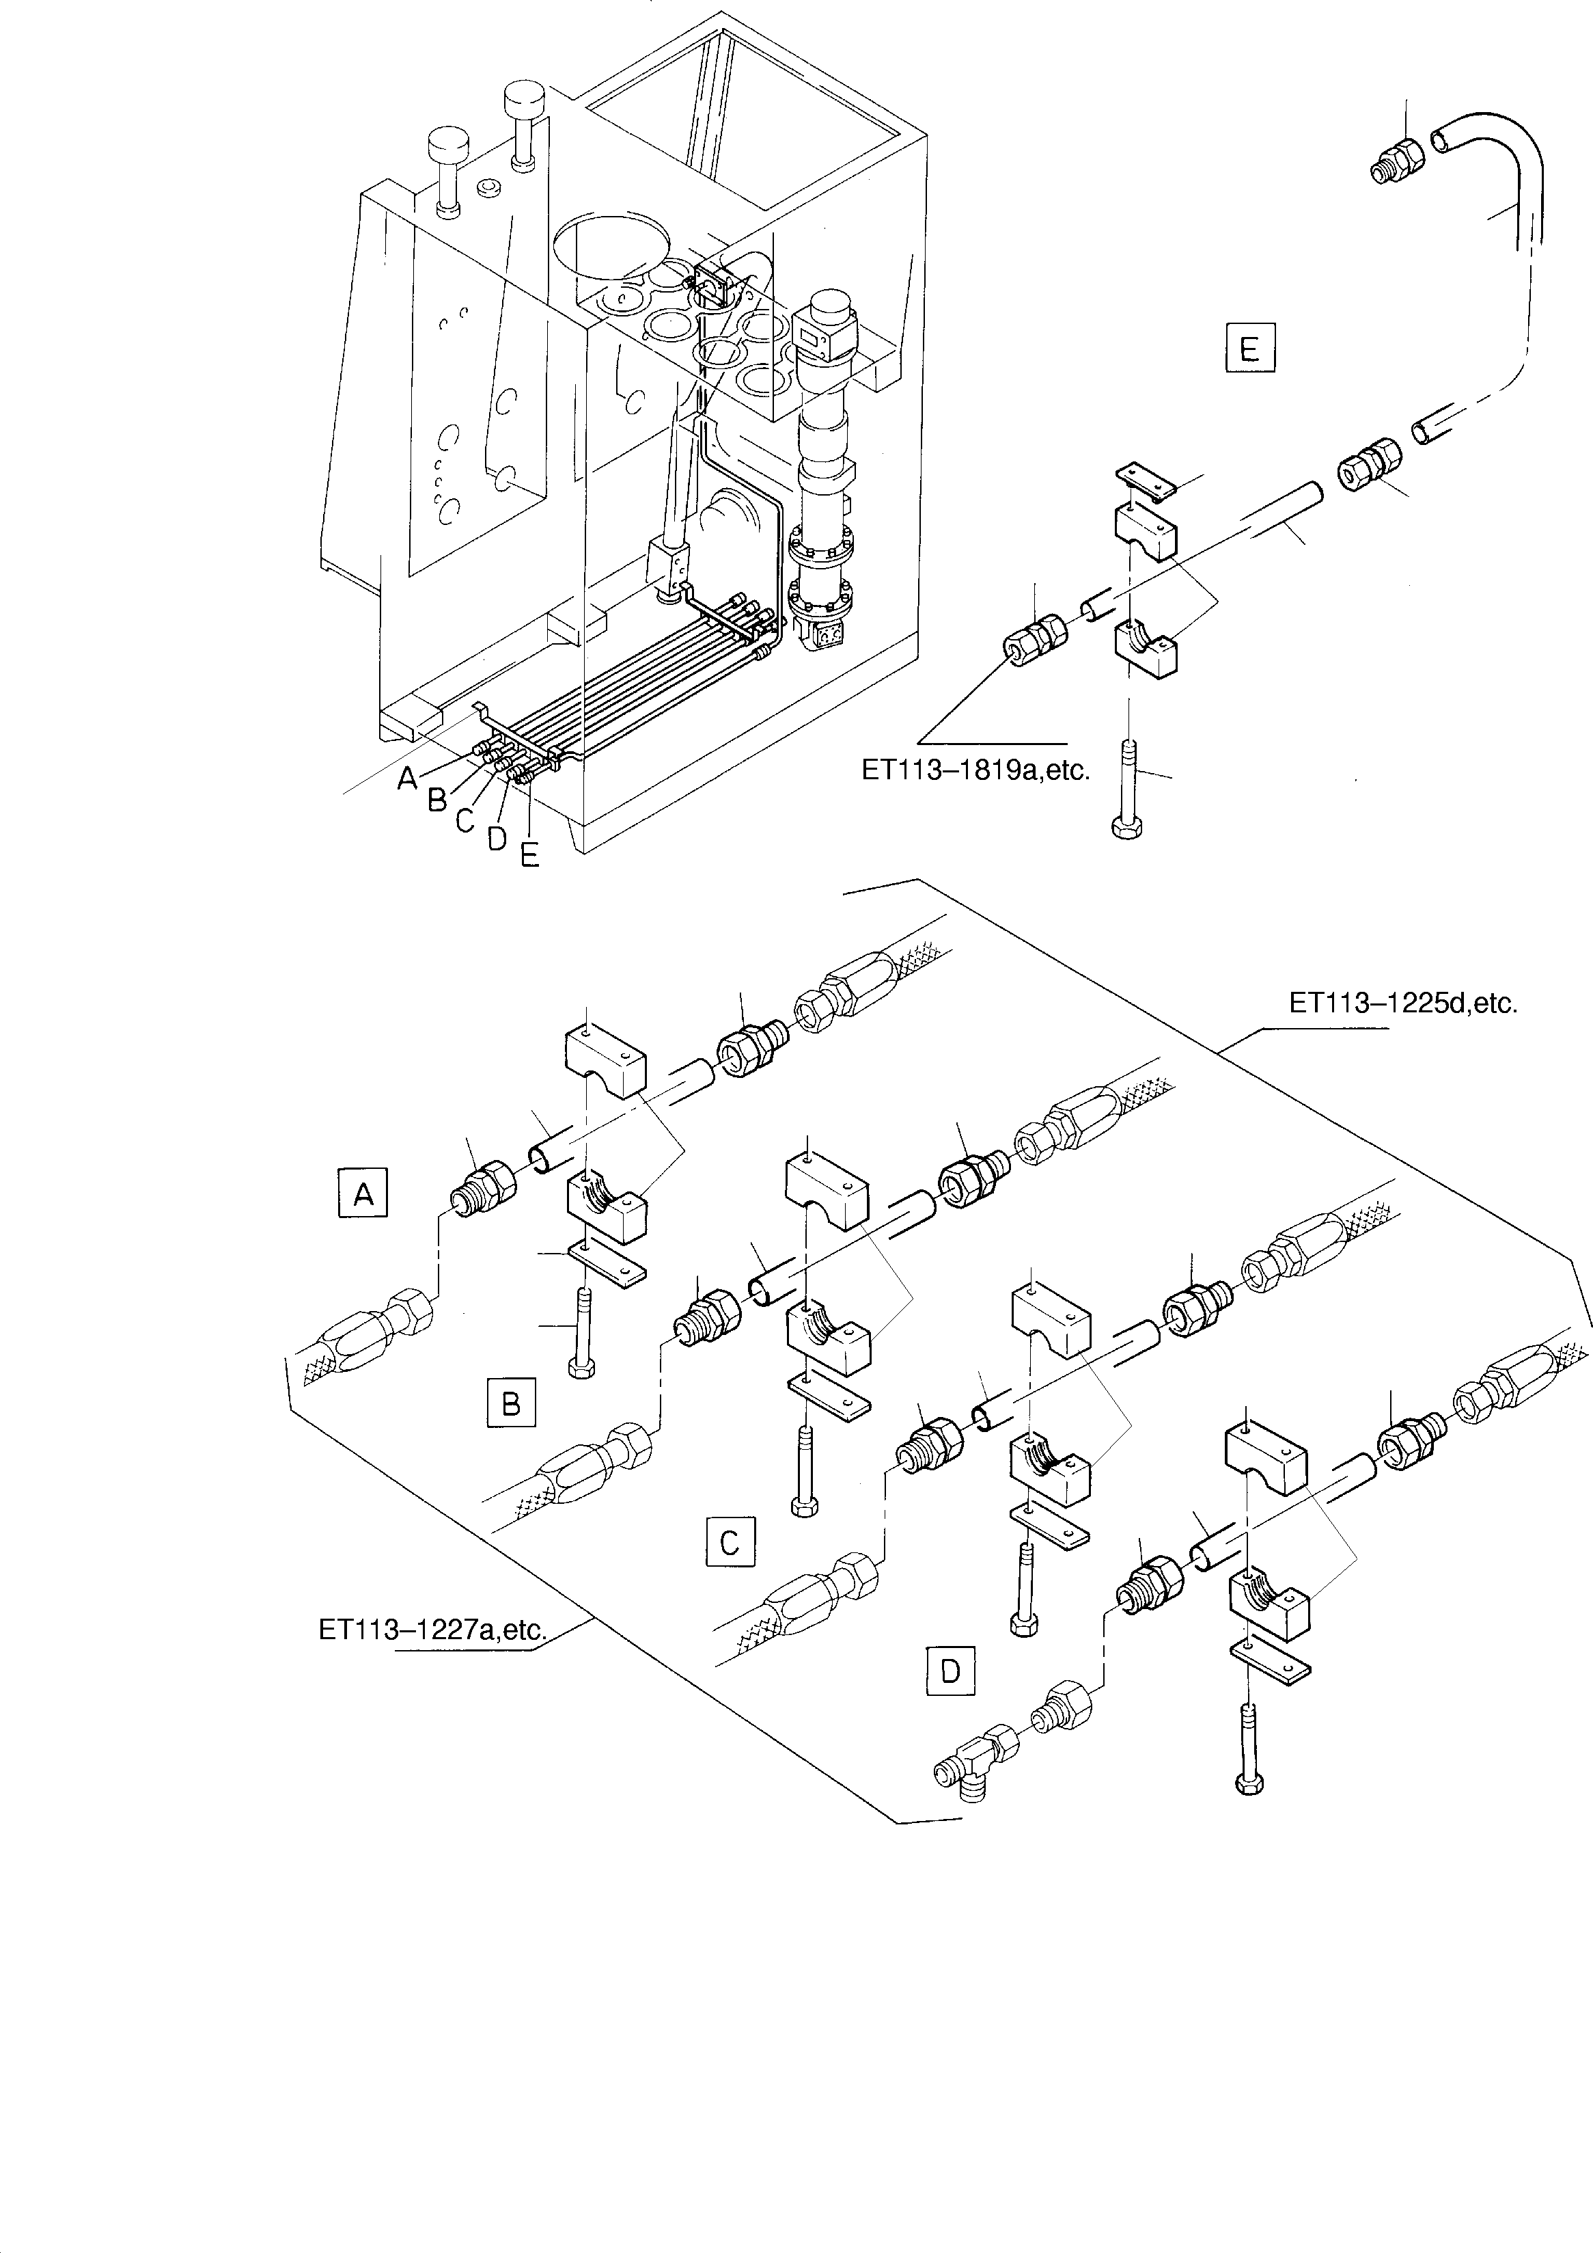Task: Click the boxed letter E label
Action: pos(1249,349)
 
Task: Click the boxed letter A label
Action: pos(363,1193)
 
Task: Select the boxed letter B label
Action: pos(511,1402)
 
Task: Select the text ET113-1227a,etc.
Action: pos(432,1630)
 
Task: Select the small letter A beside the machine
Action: pos(408,778)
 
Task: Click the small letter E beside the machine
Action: pos(529,856)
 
